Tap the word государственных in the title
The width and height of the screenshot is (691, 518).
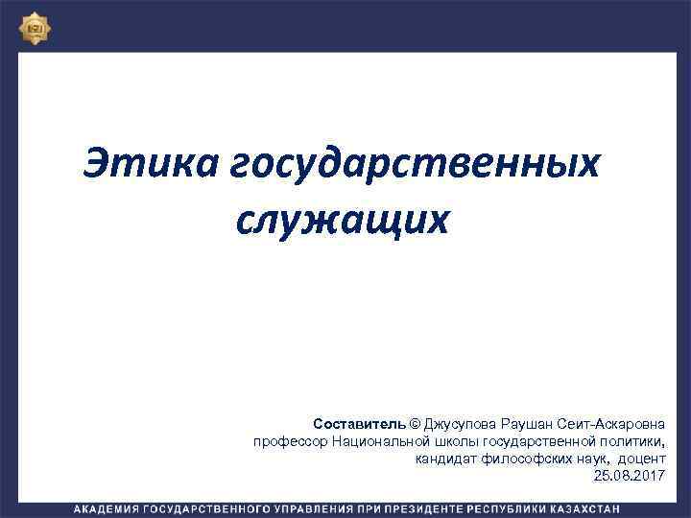(416, 163)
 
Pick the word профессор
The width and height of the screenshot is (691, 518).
(290, 440)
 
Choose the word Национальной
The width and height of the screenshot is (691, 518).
(381, 440)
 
